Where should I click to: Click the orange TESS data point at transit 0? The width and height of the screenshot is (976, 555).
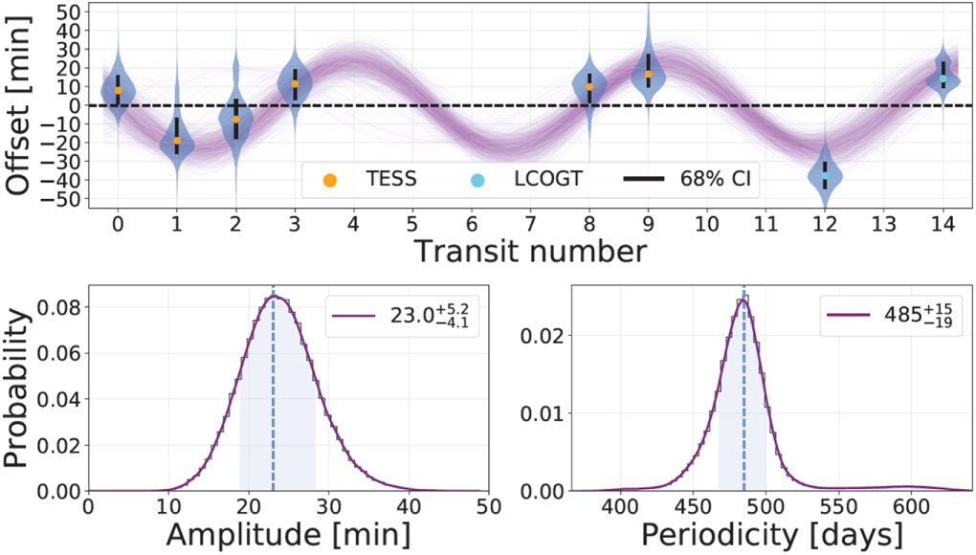[x=118, y=90]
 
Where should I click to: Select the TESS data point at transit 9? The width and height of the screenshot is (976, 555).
[x=648, y=74]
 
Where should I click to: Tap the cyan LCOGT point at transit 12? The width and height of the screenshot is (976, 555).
[x=825, y=174]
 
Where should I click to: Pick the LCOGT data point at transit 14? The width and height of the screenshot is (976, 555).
[x=943, y=79]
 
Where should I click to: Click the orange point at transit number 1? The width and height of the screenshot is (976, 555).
[x=177, y=141]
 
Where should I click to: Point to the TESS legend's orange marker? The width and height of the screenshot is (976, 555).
[x=328, y=179]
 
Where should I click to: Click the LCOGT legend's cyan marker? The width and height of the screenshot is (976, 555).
[x=478, y=179]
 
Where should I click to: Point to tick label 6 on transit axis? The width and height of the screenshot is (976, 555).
[x=471, y=223]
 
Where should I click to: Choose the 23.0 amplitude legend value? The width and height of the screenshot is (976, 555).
[x=417, y=313]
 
